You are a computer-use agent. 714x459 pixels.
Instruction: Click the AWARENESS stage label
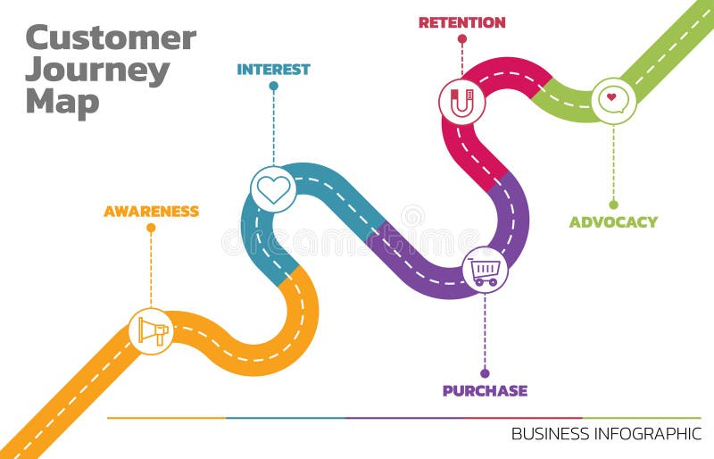tap(151, 212)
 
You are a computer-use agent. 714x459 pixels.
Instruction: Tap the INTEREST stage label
tap(273, 69)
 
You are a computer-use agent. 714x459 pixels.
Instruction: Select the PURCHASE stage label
tap(485, 390)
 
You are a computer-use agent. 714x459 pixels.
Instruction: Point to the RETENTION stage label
tap(461, 22)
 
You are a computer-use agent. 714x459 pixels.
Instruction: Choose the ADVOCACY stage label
tap(613, 221)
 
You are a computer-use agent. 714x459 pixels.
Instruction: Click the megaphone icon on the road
tap(151, 331)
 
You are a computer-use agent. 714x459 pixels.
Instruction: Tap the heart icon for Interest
tap(273, 189)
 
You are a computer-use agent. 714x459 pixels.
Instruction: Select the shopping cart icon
tap(485, 269)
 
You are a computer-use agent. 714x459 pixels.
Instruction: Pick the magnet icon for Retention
tap(461, 101)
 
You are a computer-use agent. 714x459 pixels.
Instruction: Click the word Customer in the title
tap(111, 38)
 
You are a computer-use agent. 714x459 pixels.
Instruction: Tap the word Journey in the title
tap(97, 71)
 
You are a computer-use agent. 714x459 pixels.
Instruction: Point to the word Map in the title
tap(62, 103)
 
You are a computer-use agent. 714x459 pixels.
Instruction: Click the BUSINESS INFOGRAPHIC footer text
tap(606, 434)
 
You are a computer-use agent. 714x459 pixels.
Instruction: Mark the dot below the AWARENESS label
tap(151, 228)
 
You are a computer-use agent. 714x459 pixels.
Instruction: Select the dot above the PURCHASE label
tap(485, 373)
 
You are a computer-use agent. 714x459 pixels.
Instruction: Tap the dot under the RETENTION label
tap(461, 38)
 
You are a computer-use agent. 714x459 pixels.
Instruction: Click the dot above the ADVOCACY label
tap(613, 204)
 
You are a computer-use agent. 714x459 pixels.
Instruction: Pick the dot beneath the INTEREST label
tap(273, 86)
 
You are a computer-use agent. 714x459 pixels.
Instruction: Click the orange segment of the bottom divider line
tap(166, 418)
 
